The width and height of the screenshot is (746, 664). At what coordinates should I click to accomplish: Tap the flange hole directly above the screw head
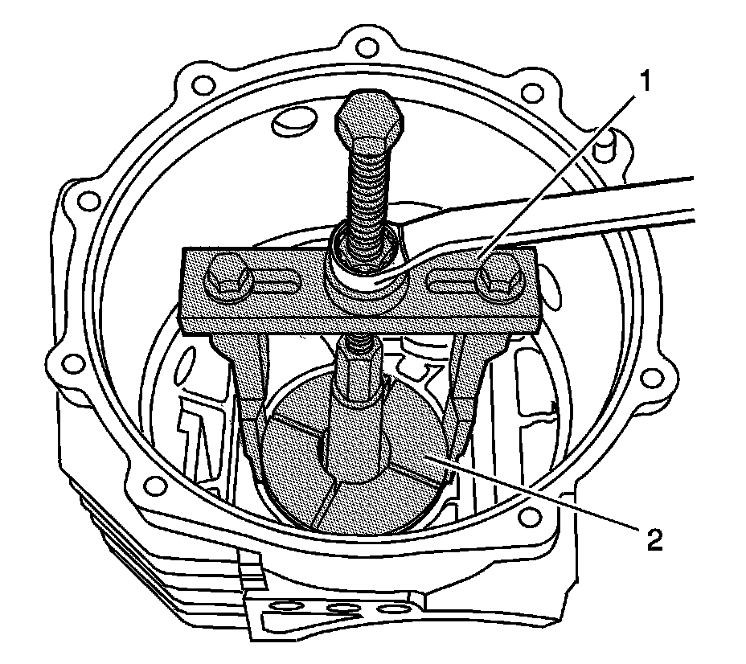coord(366,44)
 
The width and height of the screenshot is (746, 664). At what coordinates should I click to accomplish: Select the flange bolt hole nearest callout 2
coord(527,514)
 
